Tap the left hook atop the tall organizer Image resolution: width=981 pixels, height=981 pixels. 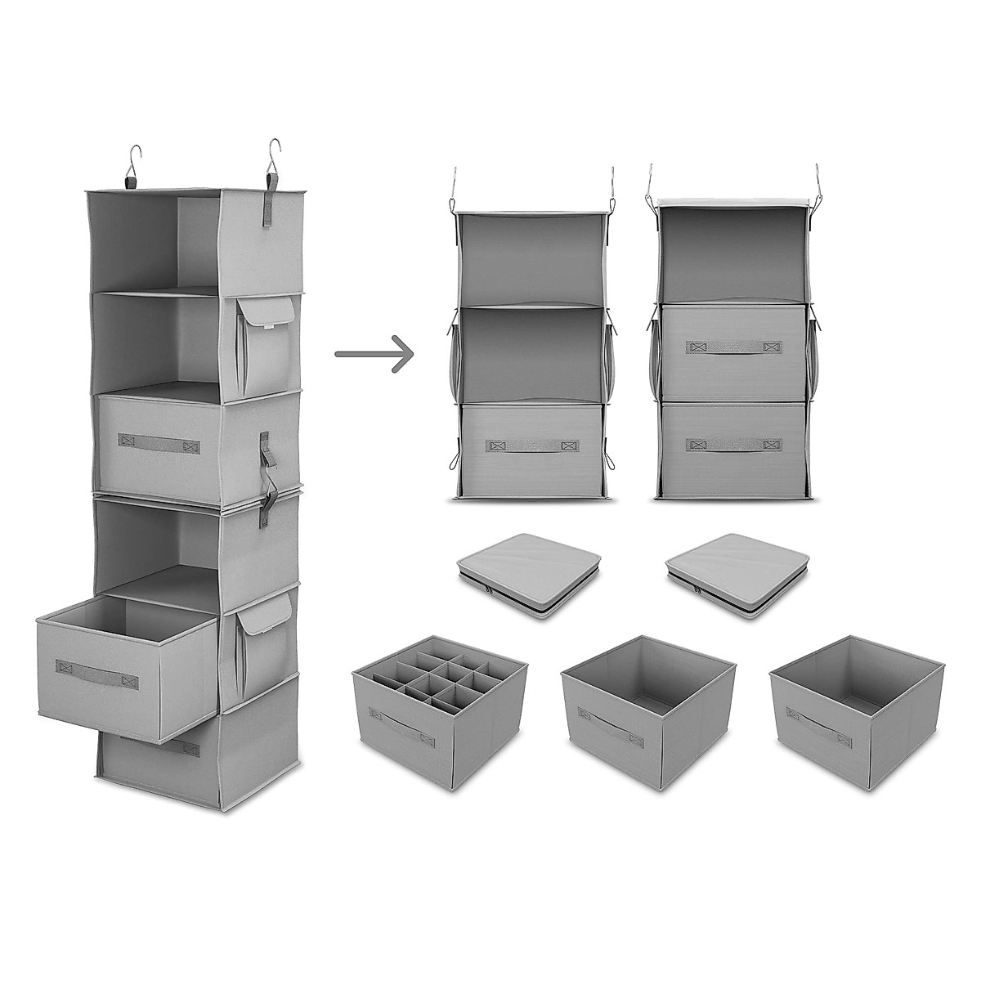click(133, 160)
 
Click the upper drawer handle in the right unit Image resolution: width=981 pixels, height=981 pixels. click(732, 347)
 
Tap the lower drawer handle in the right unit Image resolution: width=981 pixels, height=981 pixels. click(732, 446)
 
